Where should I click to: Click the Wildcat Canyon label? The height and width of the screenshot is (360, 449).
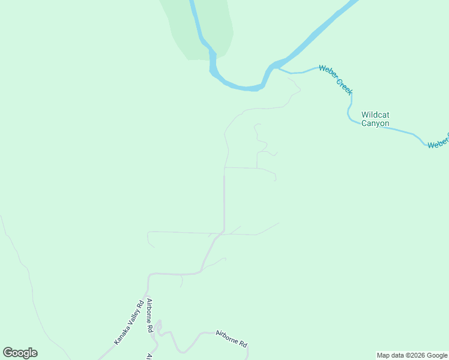pyautogui.click(x=375, y=119)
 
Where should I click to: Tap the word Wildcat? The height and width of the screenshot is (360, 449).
pyautogui.click(x=375, y=114)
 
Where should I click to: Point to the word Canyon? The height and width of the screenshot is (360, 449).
pyautogui.click(x=375, y=124)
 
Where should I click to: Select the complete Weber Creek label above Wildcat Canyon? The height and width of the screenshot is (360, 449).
pyautogui.click(x=336, y=79)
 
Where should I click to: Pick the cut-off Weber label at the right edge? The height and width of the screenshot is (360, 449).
pyautogui.click(x=438, y=142)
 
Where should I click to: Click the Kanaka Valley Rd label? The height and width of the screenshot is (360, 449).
pyautogui.click(x=129, y=322)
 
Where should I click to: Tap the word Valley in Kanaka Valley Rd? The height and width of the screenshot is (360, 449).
pyautogui.click(x=129, y=322)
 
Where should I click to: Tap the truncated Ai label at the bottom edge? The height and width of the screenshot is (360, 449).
pyautogui.click(x=148, y=356)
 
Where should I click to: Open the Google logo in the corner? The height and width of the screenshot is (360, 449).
pyautogui.click(x=20, y=353)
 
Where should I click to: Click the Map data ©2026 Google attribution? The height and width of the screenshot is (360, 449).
pyautogui.click(x=412, y=355)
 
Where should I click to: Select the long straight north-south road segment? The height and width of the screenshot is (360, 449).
pyautogui.click(x=224, y=201)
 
